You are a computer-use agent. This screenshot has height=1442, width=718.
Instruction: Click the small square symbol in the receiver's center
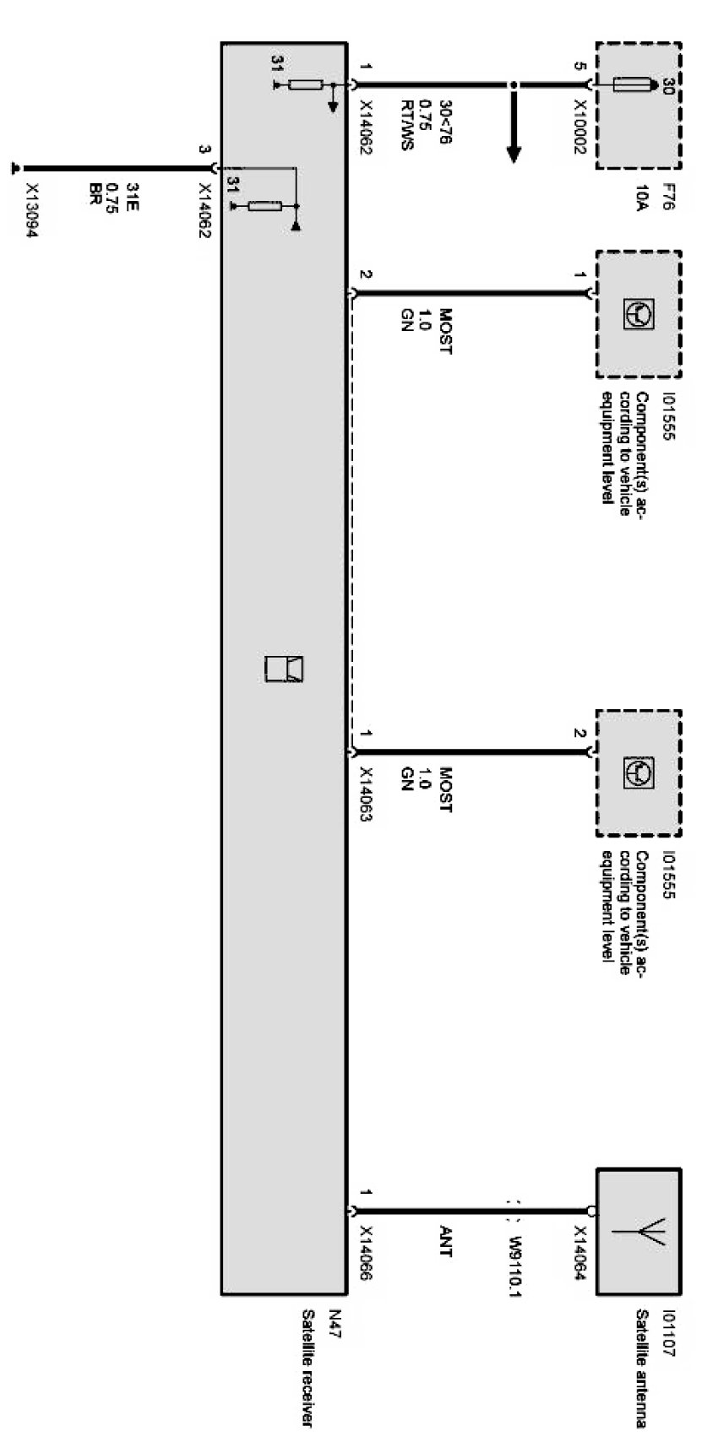[284, 668]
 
